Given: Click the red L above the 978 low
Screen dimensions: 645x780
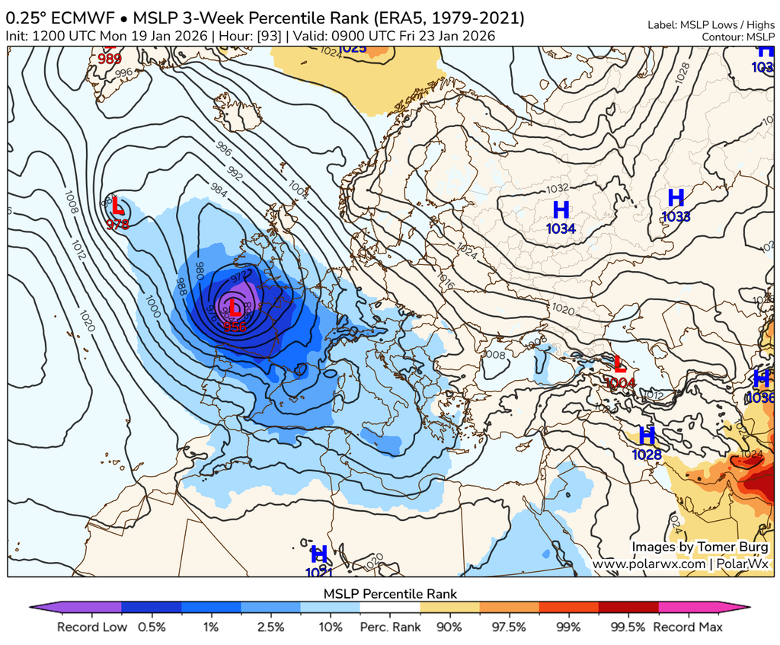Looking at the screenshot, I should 117,206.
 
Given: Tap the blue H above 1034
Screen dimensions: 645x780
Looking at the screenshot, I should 561,209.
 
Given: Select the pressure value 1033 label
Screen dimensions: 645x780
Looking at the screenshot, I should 676,216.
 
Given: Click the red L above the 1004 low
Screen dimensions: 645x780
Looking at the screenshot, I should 619,364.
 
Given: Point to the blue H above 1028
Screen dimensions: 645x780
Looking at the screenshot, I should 647,436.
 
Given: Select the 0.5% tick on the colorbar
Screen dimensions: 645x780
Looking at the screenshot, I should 152,627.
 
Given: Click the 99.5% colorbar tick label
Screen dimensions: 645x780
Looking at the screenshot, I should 628,627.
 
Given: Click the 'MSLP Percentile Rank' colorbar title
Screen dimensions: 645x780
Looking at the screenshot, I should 390,593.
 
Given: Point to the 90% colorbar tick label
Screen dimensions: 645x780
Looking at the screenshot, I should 449,627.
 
